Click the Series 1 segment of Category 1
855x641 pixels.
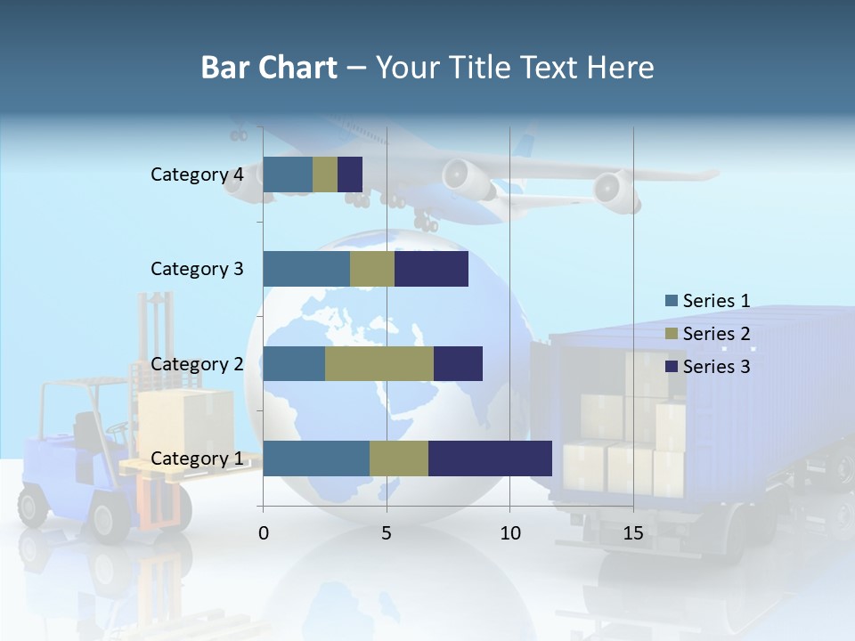pyautogui.click(x=316, y=458)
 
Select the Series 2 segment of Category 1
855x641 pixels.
pyautogui.click(x=399, y=458)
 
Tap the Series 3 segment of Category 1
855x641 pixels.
pyautogui.click(x=490, y=458)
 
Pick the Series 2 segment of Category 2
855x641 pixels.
pyautogui.click(x=379, y=363)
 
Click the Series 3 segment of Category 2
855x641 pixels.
pyautogui.click(x=458, y=363)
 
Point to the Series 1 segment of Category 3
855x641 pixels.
pyautogui.click(x=306, y=269)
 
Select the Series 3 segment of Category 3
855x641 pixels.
pyautogui.click(x=431, y=269)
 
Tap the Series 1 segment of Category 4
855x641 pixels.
pyautogui.click(x=288, y=174)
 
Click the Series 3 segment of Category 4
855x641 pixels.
pyautogui.click(x=350, y=174)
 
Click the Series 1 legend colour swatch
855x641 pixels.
pyautogui.click(x=671, y=301)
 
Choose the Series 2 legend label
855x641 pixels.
pyautogui.click(x=716, y=334)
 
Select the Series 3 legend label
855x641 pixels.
pyautogui.click(x=716, y=366)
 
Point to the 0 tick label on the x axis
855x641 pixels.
pyautogui.click(x=264, y=534)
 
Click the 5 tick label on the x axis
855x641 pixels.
pyautogui.click(x=387, y=534)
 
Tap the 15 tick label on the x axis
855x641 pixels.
pyautogui.click(x=633, y=534)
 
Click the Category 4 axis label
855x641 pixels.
pyautogui.click(x=197, y=174)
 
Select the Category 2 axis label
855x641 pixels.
pyautogui.click(x=197, y=364)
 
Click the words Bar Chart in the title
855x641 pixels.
pyautogui.click(x=269, y=68)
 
